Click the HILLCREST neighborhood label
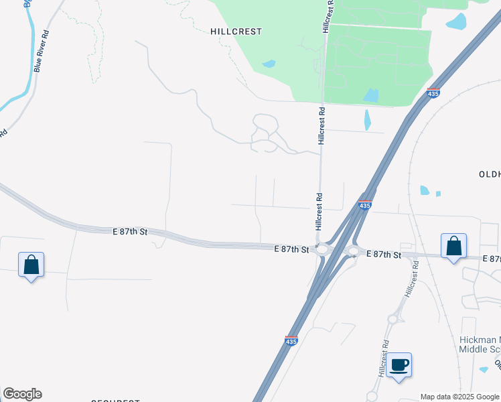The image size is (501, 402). (x=236, y=31)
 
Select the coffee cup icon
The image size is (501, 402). (x=399, y=365)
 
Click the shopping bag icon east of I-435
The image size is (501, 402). (x=453, y=246)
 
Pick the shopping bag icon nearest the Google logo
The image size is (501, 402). (x=31, y=265)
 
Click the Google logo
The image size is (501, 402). (x=22, y=394)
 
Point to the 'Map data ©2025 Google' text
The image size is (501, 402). (x=459, y=397)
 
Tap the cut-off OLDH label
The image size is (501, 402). (x=490, y=174)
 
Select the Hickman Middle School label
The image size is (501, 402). (x=480, y=344)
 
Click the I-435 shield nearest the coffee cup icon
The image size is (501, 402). (x=291, y=342)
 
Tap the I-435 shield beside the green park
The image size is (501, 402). (x=433, y=93)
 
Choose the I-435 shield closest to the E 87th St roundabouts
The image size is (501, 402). (x=364, y=206)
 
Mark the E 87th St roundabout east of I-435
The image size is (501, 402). (x=353, y=253)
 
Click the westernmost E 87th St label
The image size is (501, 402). (x=130, y=231)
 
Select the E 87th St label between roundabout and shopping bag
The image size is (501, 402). (x=384, y=255)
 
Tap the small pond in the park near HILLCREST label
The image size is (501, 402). (x=269, y=64)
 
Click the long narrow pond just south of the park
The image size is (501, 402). (x=367, y=119)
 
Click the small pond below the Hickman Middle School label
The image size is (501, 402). (x=484, y=369)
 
